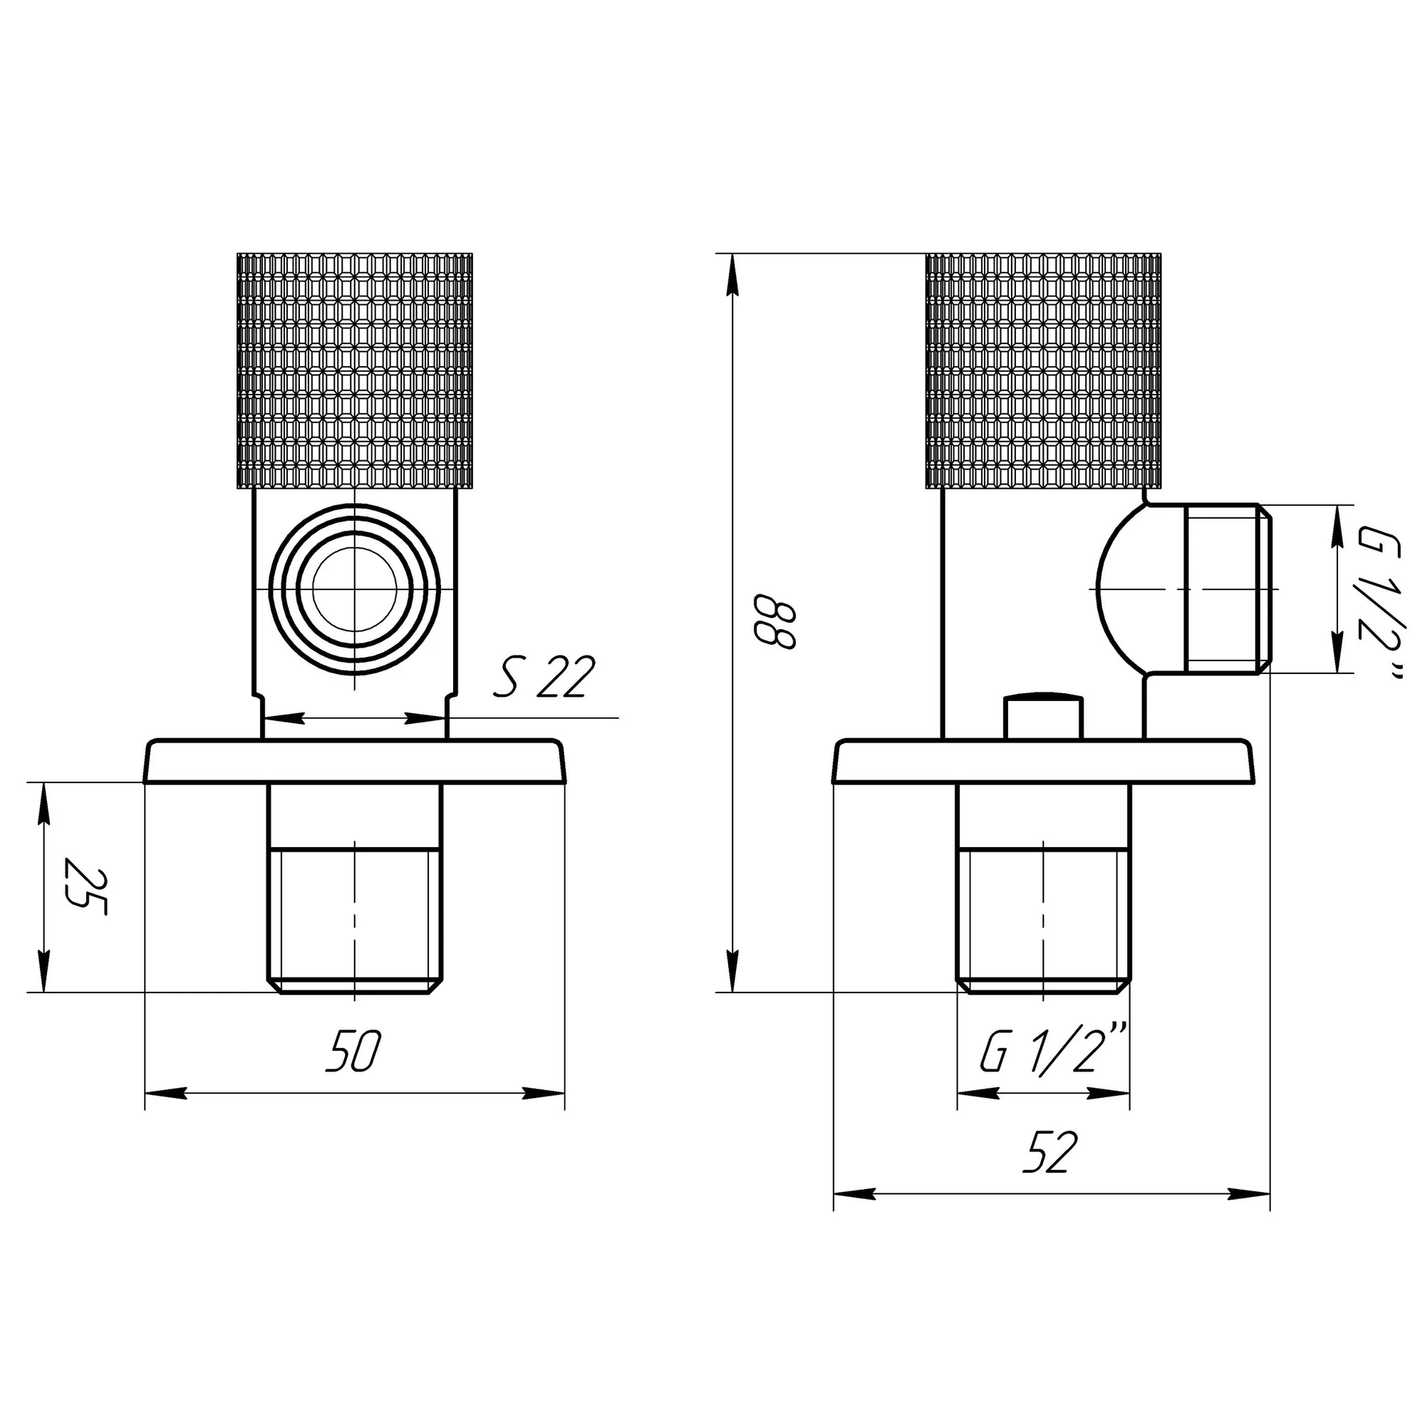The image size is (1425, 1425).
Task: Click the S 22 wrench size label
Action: coord(544,677)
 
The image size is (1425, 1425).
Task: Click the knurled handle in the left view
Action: coord(355,371)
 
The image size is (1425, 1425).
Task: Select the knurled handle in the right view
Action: coord(1043,371)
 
